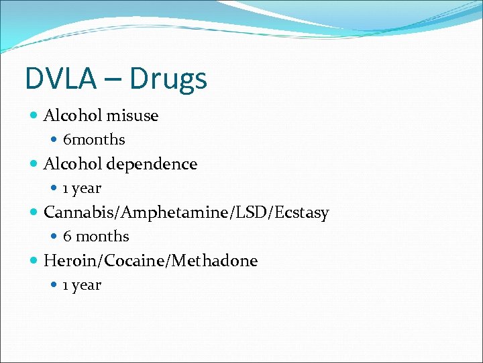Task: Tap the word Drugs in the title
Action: tap(168, 79)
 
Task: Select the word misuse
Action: tap(131, 116)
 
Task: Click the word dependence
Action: tap(152, 165)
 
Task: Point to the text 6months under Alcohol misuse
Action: tap(94, 140)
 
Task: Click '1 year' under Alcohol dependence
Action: tap(82, 188)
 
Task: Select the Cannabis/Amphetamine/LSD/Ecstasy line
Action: tap(186, 213)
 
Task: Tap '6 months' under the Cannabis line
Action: tap(96, 237)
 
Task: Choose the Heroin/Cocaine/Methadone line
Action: tap(150, 261)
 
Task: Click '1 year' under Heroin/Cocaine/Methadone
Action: tap(82, 285)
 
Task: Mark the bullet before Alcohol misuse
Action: tap(34, 116)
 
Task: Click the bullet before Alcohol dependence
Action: tap(34, 164)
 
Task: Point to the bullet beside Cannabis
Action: tap(34, 212)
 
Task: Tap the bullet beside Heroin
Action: tap(34, 261)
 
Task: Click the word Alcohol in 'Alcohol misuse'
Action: tap(72, 116)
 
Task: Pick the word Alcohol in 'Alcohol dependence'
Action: tap(72, 164)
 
